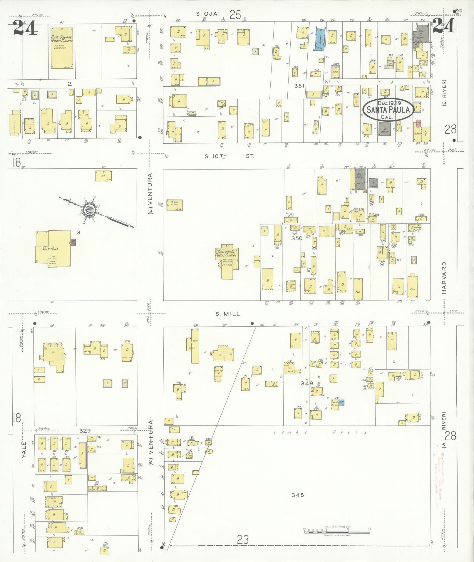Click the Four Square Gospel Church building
pos(62,48)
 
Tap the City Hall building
pos(53,249)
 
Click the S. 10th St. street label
pos(229,156)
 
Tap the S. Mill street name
pos(228,314)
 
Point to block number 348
pos(297,495)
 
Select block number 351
pos(299,86)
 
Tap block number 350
pos(297,238)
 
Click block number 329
pos(85,431)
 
